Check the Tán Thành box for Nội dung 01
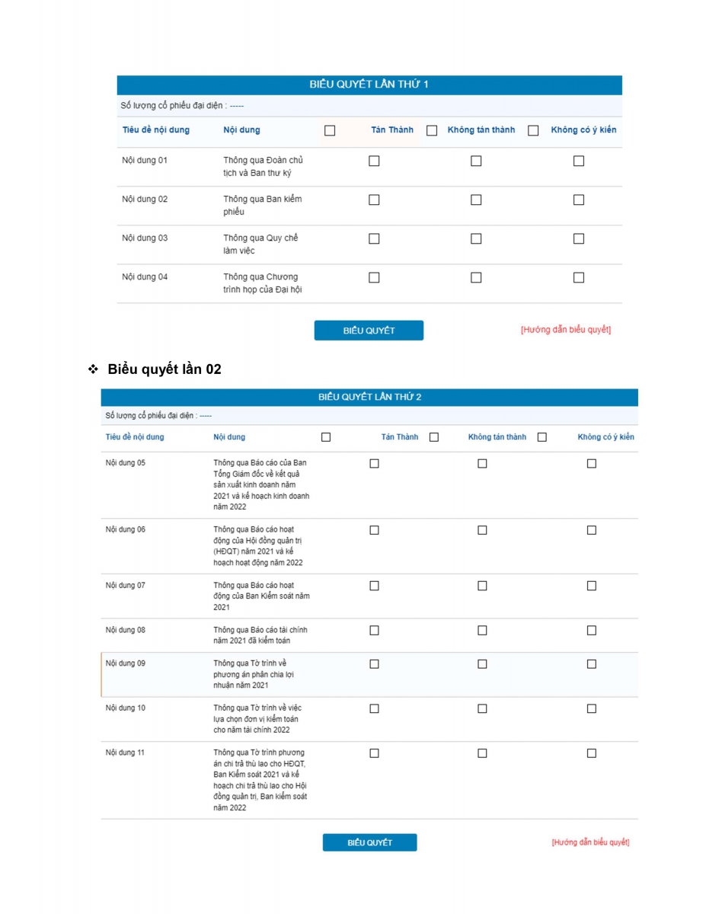(x=374, y=161)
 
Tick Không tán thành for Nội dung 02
(x=476, y=200)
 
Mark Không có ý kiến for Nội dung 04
(x=579, y=277)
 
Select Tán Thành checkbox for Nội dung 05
(x=374, y=463)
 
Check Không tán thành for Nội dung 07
(x=482, y=586)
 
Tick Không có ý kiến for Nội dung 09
(x=592, y=663)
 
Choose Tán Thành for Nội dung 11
(x=374, y=753)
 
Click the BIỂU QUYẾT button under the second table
(x=369, y=842)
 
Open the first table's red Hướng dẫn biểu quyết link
(x=566, y=330)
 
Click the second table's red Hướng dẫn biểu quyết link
(x=590, y=842)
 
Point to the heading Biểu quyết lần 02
(x=165, y=369)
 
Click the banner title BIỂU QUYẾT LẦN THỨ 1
(x=369, y=85)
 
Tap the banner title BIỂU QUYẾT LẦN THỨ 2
(x=369, y=397)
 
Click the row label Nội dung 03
(x=145, y=238)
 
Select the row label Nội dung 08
(x=125, y=630)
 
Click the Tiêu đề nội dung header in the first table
(x=156, y=130)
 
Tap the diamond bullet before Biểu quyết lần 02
(x=94, y=369)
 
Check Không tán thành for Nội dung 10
(x=482, y=708)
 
